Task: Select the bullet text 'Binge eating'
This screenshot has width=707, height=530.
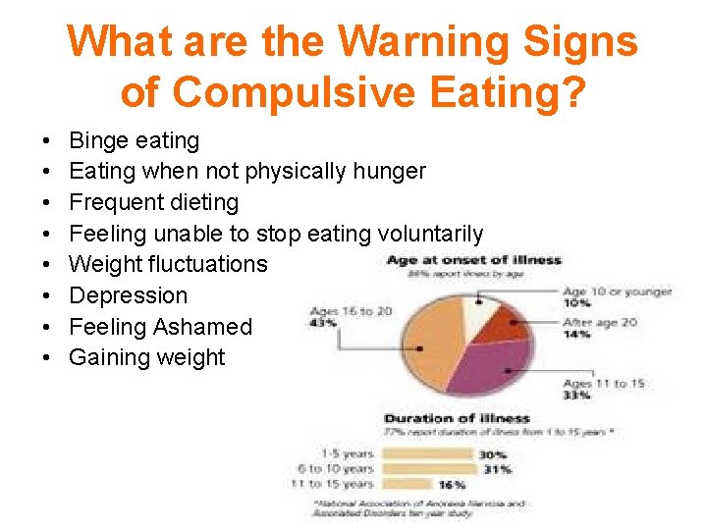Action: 135,140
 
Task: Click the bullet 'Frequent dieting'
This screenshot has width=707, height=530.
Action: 154,202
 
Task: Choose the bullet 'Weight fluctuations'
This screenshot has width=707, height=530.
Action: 168,264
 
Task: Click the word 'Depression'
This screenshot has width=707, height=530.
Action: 129,295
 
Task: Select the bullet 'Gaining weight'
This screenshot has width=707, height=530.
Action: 147,357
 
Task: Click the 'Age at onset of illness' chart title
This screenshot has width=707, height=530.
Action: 473,260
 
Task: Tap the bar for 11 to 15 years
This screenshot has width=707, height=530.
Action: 407,484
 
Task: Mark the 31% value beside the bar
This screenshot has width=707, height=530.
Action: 497,469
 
